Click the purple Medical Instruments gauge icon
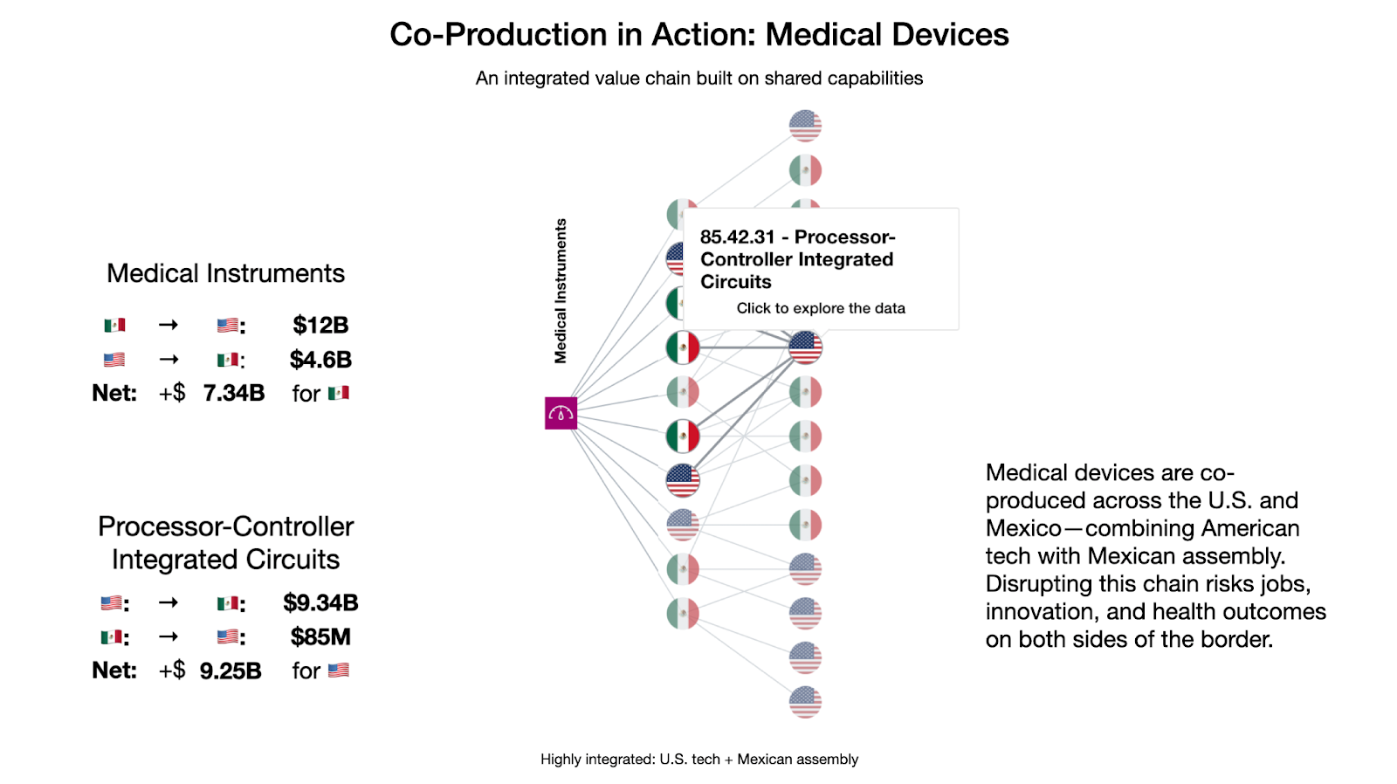(x=561, y=413)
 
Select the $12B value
(x=320, y=325)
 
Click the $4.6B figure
(x=320, y=359)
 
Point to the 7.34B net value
(x=234, y=393)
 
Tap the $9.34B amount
(x=320, y=602)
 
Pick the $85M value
(x=320, y=636)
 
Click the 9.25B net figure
(x=231, y=671)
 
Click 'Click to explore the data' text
(x=821, y=308)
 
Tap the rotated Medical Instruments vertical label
(x=561, y=291)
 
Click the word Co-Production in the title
(x=499, y=34)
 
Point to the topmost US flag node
(x=805, y=126)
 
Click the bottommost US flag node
(x=805, y=702)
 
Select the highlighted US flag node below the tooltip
(x=805, y=347)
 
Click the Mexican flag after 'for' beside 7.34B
(x=339, y=393)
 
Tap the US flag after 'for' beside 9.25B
(x=339, y=671)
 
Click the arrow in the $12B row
(x=169, y=325)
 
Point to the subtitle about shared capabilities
(x=699, y=78)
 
